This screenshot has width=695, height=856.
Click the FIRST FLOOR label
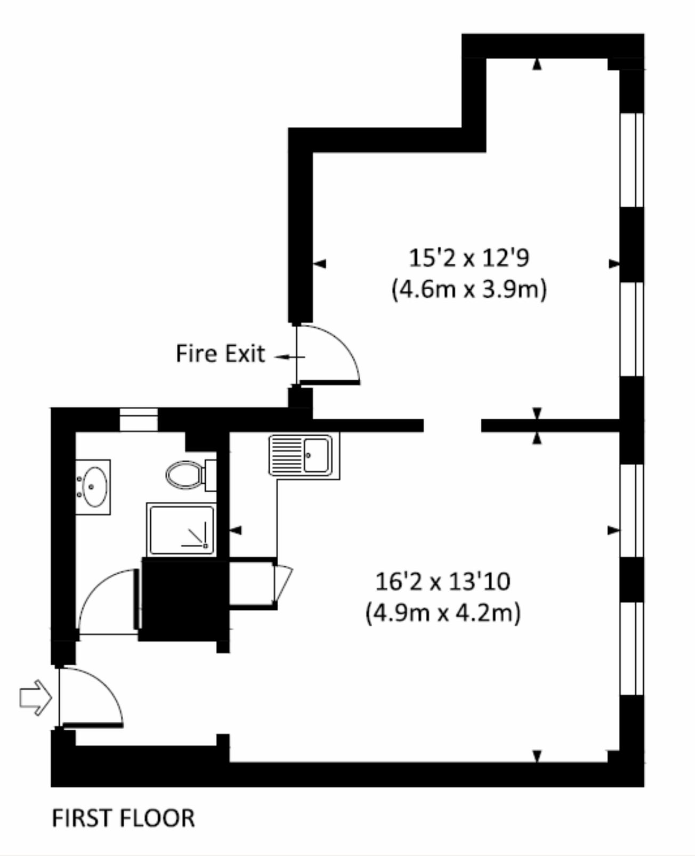point(123,818)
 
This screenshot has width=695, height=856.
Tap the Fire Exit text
point(220,354)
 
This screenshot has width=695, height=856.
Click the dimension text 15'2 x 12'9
point(469,258)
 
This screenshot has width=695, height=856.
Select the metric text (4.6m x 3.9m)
point(469,290)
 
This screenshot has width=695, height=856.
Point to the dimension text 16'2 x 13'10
point(443,581)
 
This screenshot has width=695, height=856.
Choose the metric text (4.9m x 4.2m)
point(443,613)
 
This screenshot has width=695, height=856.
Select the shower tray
point(182,531)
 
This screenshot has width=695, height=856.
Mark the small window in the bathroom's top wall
point(139,419)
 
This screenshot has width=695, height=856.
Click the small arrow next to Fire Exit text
point(288,357)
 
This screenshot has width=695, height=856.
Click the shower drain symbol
point(205,545)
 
